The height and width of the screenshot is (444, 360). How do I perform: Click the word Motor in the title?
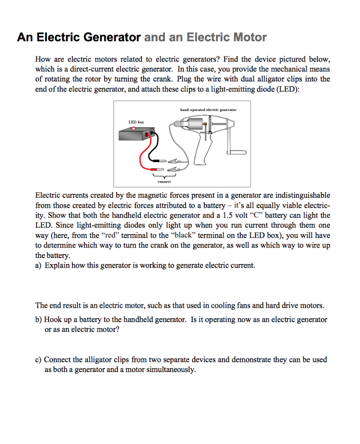coord(250,37)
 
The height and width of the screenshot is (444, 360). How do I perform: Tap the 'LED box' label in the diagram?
coord(136,122)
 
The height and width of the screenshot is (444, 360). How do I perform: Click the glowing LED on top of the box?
coord(134,129)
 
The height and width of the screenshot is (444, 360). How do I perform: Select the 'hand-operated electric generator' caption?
coord(208,110)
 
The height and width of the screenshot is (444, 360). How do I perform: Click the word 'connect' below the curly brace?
coord(164,182)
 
